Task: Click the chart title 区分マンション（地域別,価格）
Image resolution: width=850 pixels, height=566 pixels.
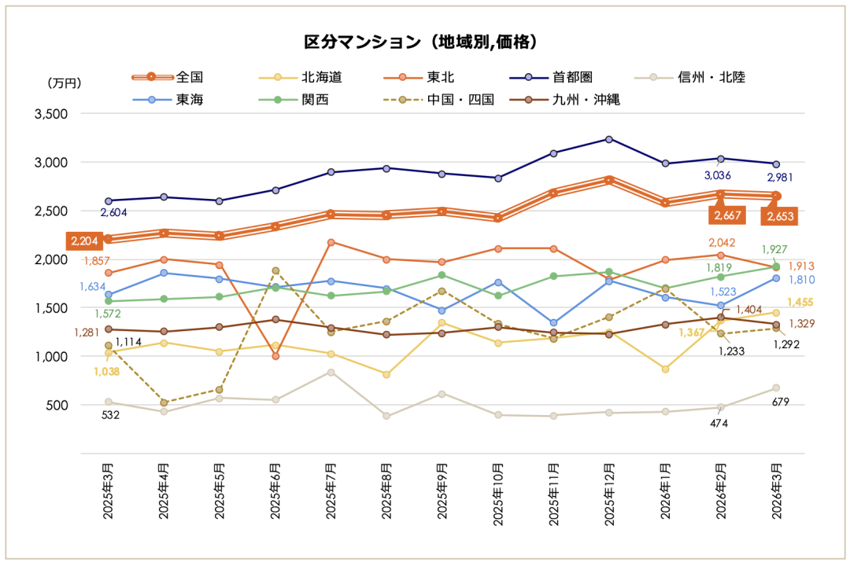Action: [425, 41]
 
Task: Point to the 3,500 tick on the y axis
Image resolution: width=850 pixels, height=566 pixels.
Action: [52, 114]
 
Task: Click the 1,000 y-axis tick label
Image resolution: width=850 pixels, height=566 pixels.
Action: [52, 357]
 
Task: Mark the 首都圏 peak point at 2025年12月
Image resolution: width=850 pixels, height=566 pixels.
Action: [609, 139]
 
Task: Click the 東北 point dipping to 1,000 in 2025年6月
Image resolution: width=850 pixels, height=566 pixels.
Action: [276, 356]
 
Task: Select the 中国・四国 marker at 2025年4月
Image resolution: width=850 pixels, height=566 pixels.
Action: [164, 402]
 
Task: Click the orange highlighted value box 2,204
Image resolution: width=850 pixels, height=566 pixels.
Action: [84, 241]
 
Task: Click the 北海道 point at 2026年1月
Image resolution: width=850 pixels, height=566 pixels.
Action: [665, 369]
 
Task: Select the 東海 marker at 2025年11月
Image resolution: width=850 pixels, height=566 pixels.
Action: [553, 323]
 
